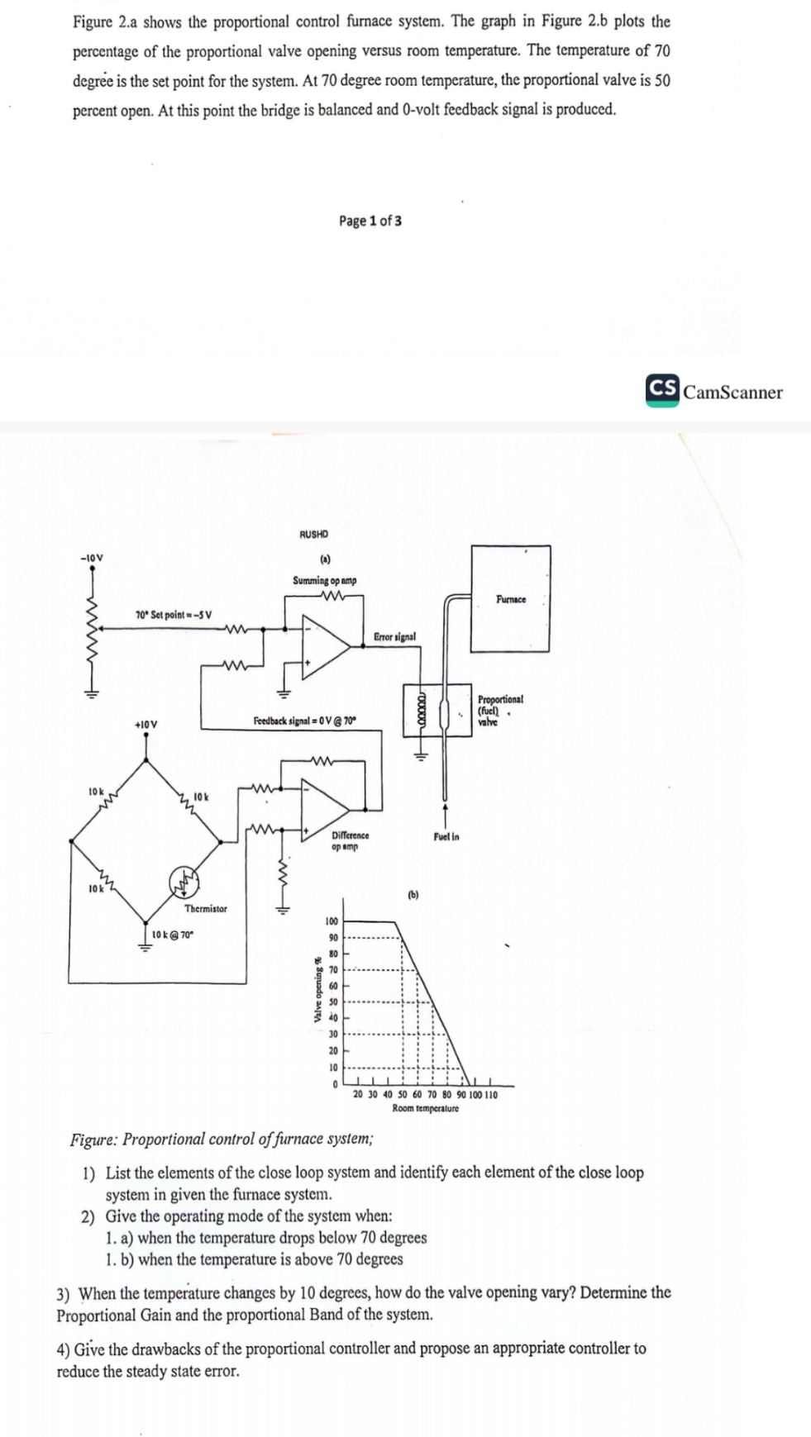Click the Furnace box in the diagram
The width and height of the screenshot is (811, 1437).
[x=510, y=598]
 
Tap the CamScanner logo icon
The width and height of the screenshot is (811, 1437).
[x=663, y=390]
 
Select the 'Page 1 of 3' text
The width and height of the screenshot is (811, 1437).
[x=370, y=221]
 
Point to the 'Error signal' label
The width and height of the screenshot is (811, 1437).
[x=395, y=637]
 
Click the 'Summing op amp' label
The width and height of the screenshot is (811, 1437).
[x=325, y=581]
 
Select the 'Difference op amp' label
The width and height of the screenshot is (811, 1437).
[x=349, y=840]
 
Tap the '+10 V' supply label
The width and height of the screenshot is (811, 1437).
[x=146, y=725]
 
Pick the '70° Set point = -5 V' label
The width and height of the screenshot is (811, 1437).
[x=174, y=615]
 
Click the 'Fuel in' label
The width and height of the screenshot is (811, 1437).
[x=446, y=837]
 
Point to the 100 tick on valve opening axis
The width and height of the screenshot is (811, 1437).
[x=331, y=921]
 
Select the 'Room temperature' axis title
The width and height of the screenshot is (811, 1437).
[x=425, y=1108]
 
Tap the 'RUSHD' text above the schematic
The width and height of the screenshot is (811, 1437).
[x=313, y=535]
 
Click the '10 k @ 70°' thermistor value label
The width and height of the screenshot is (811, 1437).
[x=174, y=935]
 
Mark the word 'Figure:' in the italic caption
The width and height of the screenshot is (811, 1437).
[x=93, y=1140]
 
